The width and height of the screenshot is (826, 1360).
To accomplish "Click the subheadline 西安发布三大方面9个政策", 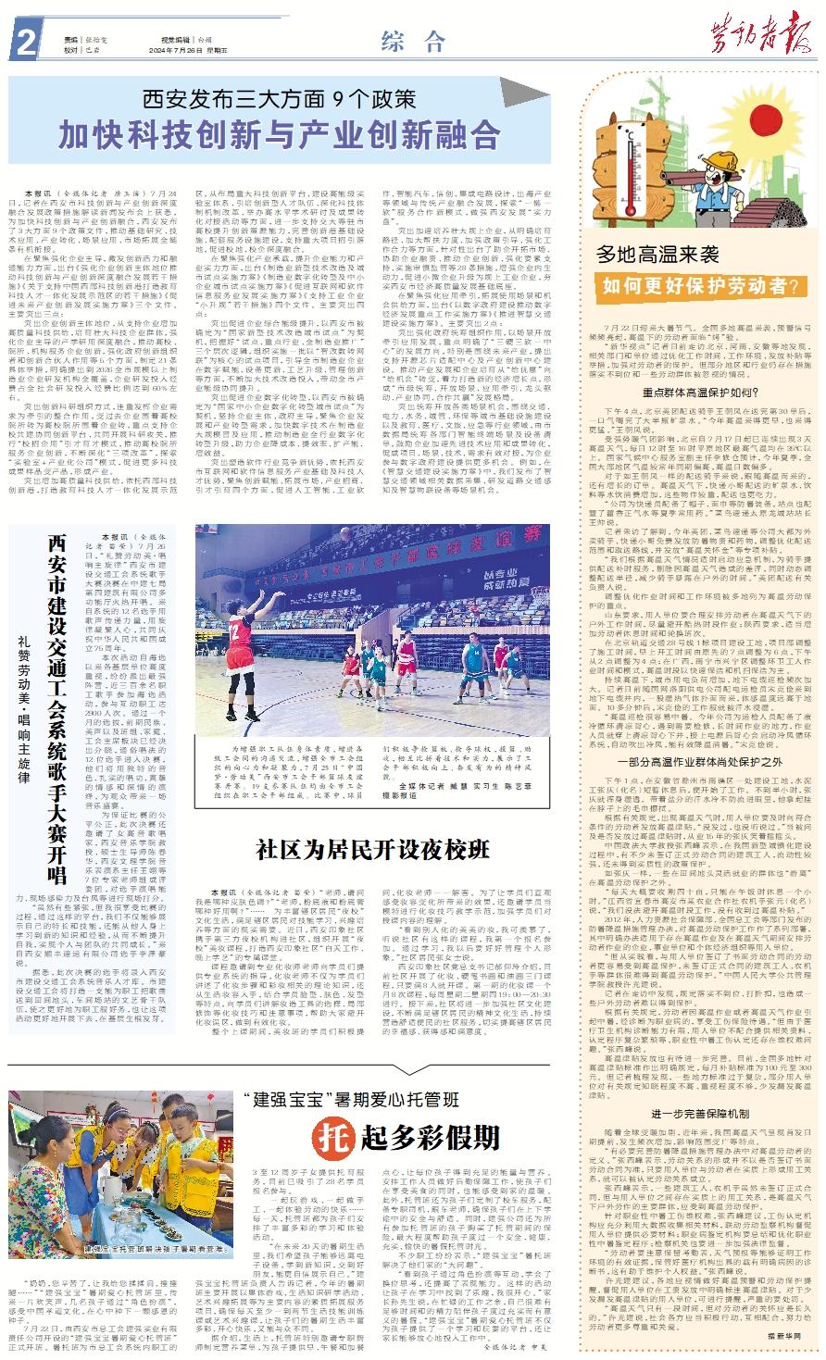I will pos(280,97).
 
